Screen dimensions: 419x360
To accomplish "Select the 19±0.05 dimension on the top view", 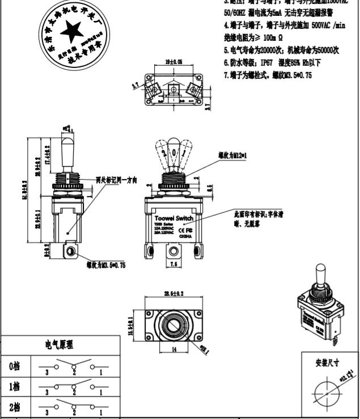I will (x=172, y=60).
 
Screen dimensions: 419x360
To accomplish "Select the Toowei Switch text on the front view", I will (x=174, y=218).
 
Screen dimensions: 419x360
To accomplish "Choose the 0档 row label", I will (x=15, y=366).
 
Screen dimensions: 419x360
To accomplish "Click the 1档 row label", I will (x=15, y=387).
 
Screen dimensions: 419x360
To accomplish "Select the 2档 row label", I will (x=15, y=407).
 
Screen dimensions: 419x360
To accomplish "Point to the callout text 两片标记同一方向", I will (x=116, y=180).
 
